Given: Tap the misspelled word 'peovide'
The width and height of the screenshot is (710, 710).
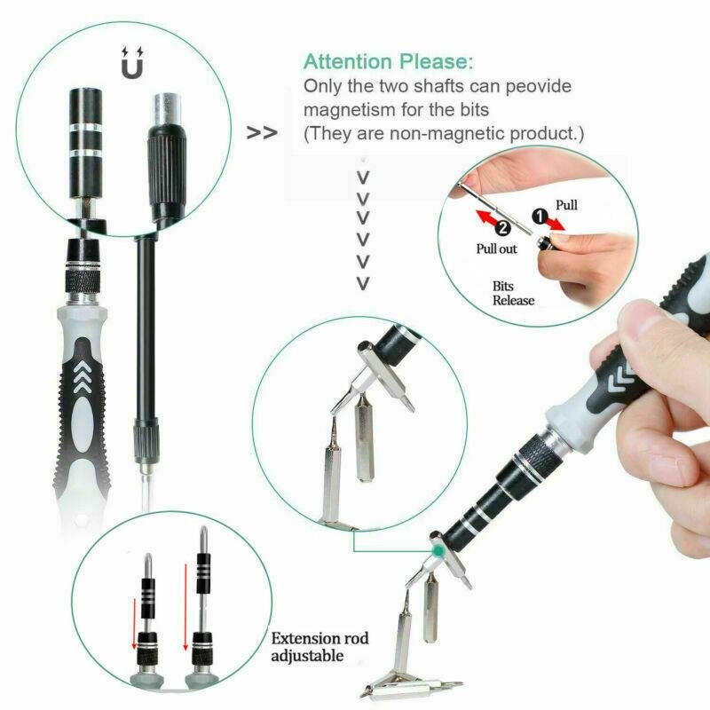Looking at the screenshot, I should (x=532, y=87).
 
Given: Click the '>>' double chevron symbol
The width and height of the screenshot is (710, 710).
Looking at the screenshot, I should (x=261, y=133).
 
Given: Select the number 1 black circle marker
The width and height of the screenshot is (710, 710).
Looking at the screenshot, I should (x=540, y=215).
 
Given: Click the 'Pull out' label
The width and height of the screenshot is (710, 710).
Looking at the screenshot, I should (x=496, y=249).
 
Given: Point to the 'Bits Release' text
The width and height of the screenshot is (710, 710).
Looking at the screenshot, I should (x=514, y=293).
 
